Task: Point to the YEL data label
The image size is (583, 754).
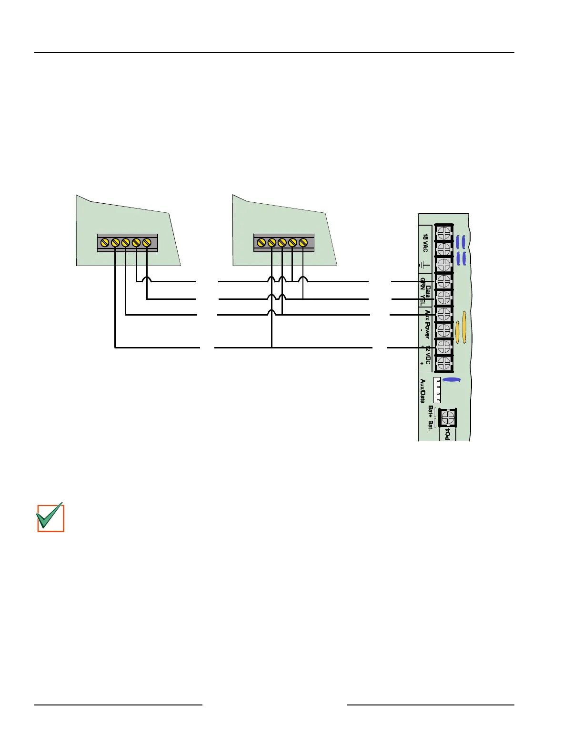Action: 422,300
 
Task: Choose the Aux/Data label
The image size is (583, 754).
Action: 422,391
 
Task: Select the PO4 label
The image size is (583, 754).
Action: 448,434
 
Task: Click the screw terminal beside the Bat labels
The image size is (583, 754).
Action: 447,417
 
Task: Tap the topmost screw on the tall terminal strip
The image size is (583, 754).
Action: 443,233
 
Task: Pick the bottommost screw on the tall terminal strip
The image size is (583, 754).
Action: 443,363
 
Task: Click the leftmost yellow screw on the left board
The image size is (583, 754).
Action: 105,243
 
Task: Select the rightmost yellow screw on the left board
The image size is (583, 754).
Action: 147,243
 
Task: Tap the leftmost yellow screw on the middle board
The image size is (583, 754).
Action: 261,243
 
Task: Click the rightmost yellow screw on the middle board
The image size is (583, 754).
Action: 303,243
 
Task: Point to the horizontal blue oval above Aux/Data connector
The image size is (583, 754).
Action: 451,380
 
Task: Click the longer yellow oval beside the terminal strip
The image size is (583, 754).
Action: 464,326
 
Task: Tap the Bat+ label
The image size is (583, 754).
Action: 431,411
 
